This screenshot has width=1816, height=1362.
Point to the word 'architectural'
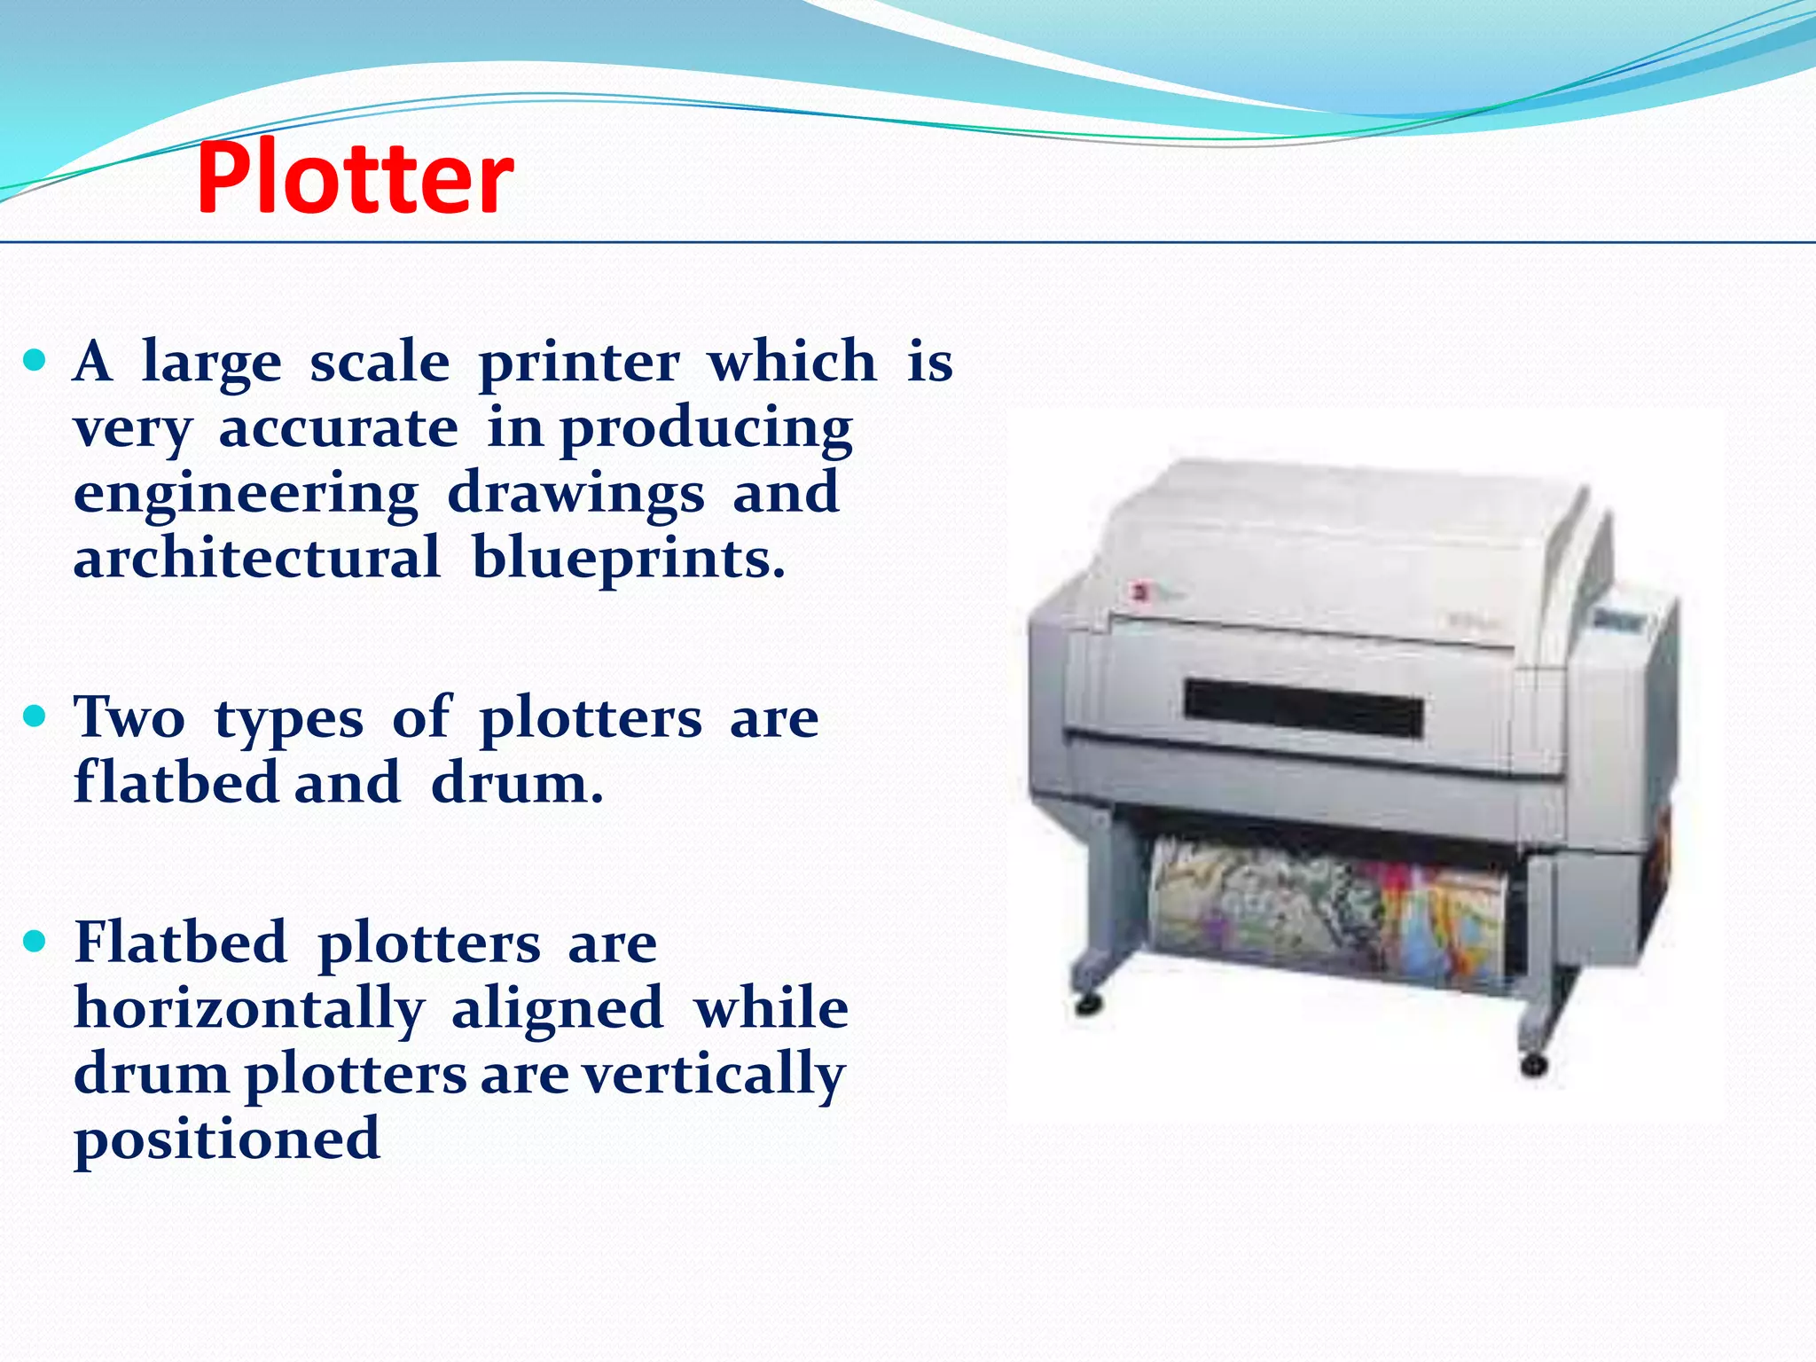(256, 559)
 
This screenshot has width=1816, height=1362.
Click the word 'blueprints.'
(629, 559)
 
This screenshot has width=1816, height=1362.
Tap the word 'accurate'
(338, 429)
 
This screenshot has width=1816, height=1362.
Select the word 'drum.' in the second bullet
(517, 784)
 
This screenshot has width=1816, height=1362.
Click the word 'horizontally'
(249, 1010)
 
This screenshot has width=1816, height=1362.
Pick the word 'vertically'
(714, 1075)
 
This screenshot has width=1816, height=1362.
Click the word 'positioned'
(227, 1140)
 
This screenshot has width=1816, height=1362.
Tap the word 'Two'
(129, 717)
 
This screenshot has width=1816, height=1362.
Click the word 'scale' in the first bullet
(380, 363)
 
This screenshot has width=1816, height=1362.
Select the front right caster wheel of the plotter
(1533, 1064)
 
